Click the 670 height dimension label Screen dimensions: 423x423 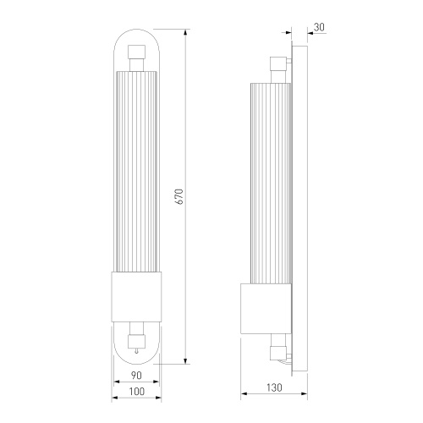pyautogui.click(x=180, y=196)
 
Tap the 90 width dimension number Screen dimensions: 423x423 pyautogui.click(x=136, y=376)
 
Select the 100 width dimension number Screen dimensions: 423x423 pyautogui.click(x=137, y=392)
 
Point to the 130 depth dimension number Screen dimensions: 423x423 pyautogui.click(x=274, y=387)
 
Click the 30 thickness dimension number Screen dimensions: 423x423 pyautogui.click(x=319, y=27)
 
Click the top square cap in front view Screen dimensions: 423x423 pyautogui.click(x=137, y=52)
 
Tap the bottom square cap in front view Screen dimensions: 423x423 pyautogui.click(x=137, y=342)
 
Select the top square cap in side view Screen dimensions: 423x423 pyautogui.click(x=278, y=63)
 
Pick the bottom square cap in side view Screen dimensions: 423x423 pyautogui.click(x=278, y=353)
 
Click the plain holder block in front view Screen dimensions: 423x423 pyautogui.click(x=137, y=297)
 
